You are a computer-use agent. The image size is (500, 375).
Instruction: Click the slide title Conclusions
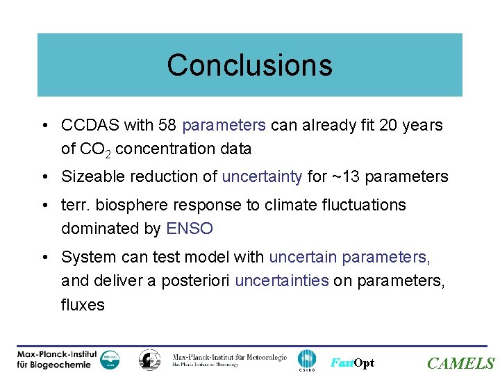pos(249,65)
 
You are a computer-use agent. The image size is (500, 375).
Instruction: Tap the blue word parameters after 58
pos(224,126)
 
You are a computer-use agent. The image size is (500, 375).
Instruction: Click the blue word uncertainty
pos(262,177)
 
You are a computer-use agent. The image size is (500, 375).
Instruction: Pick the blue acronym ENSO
pos(190,228)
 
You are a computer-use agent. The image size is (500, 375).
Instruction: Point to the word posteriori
pos(199,281)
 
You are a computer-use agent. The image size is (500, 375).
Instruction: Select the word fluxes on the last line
pos(83,304)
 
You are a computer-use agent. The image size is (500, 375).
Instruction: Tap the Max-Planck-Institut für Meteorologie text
pos(228,359)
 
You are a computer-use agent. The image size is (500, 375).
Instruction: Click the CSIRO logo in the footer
pos(306,360)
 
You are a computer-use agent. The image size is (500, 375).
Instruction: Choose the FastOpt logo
pos(352,362)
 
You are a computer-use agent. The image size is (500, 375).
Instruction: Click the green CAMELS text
pos(460,363)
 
